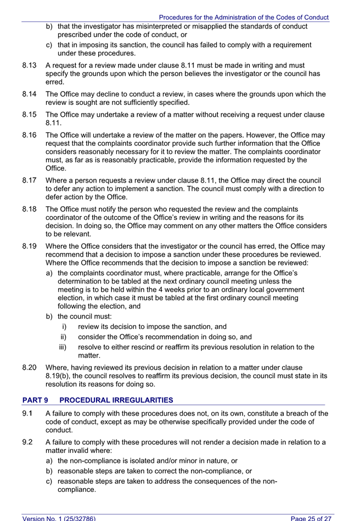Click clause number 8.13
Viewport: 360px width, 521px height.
(x=29, y=65)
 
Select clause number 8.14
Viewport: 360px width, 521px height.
(x=29, y=94)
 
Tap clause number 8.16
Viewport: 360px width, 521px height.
(x=29, y=135)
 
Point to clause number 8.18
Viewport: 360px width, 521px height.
(x=29, y=209)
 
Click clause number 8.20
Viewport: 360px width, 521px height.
(x=29, y=367)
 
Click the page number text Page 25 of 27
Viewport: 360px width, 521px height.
(x=311, y=517)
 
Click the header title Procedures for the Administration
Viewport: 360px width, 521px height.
(x=244, y=18)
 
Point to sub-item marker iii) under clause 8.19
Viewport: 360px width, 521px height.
(x=63, y=347)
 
